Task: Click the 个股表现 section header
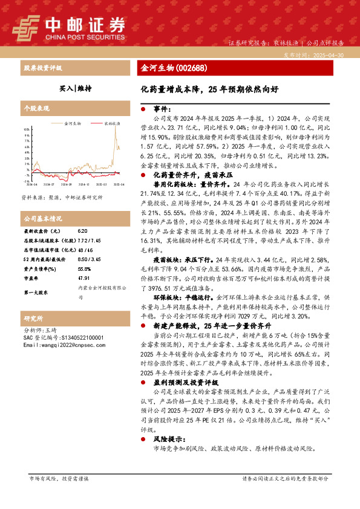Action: pos(36,108)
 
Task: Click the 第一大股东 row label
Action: pos(37,292)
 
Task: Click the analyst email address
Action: pos(58,345)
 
